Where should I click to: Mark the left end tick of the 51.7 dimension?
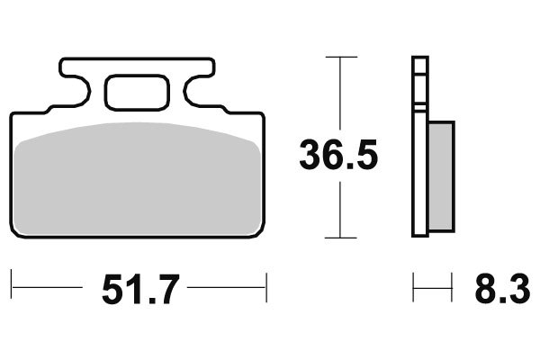(x=13, y=290)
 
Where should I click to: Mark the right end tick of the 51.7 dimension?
(x=267, y=290)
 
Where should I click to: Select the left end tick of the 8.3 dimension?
(x=414, y=290)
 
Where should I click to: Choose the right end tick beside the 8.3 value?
(x=452, y=290)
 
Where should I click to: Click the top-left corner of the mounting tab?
(x=62, y=61)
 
